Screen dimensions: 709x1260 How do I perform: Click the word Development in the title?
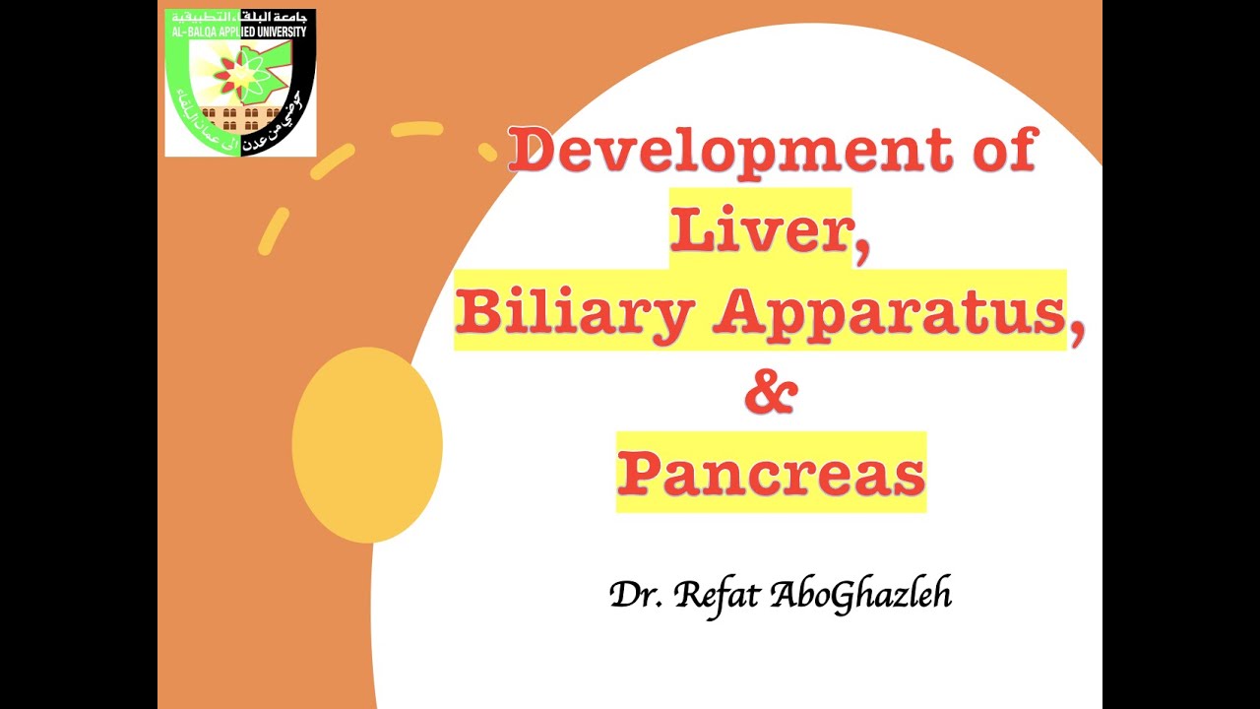[729, 153]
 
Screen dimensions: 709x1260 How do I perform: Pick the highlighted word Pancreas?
[771, 473]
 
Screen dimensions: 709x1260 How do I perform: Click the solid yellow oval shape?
[367, 444]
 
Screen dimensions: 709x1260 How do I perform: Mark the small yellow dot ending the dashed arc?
[488, 152]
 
